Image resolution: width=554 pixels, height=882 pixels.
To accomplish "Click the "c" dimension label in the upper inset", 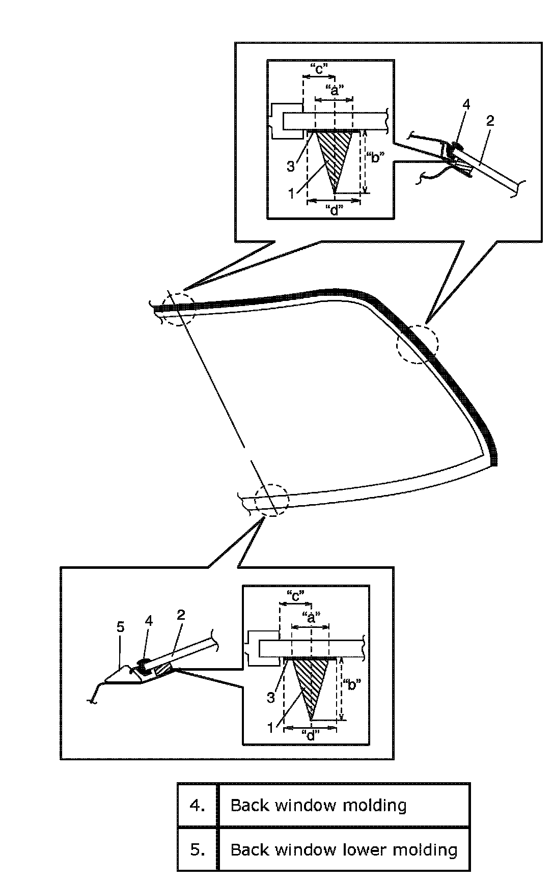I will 318,69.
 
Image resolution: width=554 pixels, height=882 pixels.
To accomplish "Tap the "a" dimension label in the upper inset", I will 334,91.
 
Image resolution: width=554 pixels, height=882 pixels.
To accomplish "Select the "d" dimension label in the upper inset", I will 334,210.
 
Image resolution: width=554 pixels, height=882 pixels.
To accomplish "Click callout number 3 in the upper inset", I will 290,166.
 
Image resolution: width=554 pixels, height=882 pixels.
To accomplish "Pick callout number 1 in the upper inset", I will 291,193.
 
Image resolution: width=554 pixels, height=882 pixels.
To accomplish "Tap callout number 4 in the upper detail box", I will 466,104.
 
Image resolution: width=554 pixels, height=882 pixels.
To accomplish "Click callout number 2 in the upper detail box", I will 490,121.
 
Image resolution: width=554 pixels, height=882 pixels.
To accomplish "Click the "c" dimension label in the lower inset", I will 295,595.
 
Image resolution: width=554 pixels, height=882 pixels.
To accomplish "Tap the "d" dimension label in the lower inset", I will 310,735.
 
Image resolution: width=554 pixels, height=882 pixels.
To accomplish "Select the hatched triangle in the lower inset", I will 311,680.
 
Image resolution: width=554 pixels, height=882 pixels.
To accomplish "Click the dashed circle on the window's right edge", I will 417,344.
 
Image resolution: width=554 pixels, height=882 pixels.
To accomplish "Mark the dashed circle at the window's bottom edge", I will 271,500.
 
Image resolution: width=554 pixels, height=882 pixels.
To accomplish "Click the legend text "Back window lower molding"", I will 344,849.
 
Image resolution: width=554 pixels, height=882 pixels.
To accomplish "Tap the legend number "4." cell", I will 198,805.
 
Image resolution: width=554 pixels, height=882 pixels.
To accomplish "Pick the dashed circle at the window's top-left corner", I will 178,309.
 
